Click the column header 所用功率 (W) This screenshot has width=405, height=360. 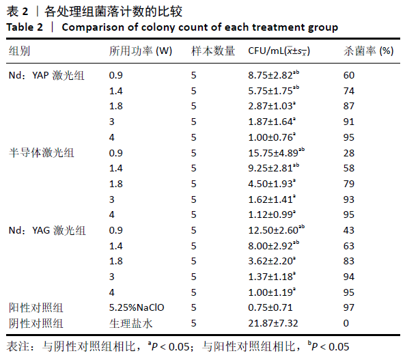pyautogui.click(x=141, y=51)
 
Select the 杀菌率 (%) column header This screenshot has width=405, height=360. pyautogui.click(x=369, y=51)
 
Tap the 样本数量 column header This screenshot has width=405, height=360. pyautogui.click(x=213, y=51)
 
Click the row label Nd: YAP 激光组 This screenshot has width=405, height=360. pyautogui.click(x=46, y=75)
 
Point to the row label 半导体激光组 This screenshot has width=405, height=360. pyautogui.click(x=42, y=153)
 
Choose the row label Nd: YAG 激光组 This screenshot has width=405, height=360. pyautogui.click(x=47, y=230)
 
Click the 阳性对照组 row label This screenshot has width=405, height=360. pyautogui.click(x=36, y=307)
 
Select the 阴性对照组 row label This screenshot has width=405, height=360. pyautogui.click(x=36, y=323)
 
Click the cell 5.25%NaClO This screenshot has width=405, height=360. pyautogui.click(x=137, y=307)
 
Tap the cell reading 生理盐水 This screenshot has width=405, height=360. pyautogui.click(x=131, y=323)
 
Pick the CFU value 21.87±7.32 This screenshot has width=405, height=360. pyautogui.click(x=273, y=323)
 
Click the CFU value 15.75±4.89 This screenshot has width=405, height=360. pyautogui.click(x=273, y=153)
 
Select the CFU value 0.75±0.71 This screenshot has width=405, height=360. pyautogui.click(x=270, y=307)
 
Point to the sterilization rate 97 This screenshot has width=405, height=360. pyautogui.click(x=349, y=307)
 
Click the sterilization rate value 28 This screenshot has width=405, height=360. pyautogui.click(x=349, y=153)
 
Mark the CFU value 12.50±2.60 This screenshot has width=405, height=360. pyautogui.click(x=273, y=230)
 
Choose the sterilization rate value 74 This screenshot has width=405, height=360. pyautogui.click(x=349, y=91)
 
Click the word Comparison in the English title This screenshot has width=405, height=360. pyautogui.click(x=93, y=27)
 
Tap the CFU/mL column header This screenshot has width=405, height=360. pyautogui.click(x=279, y=51)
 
